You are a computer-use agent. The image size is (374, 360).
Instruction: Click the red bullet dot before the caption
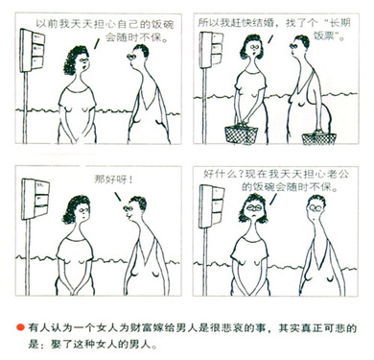click(x=20, y=327)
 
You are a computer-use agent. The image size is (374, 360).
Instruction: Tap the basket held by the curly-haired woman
click(x=241, y=134)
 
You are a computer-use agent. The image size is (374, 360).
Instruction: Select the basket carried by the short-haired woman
click(x=319, y=138)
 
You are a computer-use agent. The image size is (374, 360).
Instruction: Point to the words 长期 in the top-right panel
click(x=340, y=23)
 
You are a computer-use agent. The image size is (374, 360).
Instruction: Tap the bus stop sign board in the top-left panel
click(x=32, y=50)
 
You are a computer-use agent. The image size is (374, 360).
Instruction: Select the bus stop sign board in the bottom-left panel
click(x=35, y=199)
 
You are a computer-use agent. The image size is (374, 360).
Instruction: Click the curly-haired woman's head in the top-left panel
click(x=77, y=60)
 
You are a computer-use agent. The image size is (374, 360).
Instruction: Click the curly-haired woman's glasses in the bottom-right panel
click(x=254, y=207)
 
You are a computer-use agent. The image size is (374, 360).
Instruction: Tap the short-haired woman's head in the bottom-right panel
click(x=316, y=208)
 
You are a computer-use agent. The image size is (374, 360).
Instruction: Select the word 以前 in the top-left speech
click(x=46, y=24)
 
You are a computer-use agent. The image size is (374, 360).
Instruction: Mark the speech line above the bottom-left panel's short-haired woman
click(x=118, y=197)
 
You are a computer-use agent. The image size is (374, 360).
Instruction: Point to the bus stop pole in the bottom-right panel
click(x=204, y=262)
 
